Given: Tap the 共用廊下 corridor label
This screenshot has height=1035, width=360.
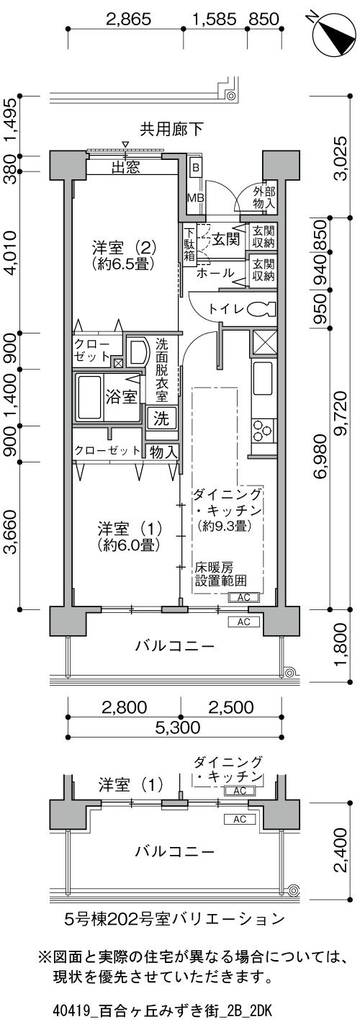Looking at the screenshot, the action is [172, 128].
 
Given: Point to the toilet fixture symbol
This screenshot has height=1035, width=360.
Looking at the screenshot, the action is [262, 309].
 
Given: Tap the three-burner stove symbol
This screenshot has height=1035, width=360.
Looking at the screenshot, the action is [264, 430].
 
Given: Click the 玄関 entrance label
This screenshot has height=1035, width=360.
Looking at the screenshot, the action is [226, 240].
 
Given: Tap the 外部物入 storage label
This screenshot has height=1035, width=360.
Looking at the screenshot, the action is [264, 197].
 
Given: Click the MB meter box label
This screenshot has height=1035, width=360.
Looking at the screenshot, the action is [195, 197].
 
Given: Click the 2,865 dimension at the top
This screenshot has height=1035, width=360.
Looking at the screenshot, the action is [129, 19].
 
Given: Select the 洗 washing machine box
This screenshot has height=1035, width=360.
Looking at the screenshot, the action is [161, 418].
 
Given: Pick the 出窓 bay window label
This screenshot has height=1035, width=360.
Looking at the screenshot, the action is [126, 167].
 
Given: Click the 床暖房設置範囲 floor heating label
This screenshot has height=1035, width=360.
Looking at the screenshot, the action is [220, 573].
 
